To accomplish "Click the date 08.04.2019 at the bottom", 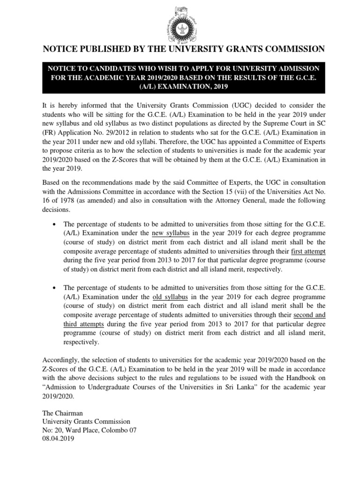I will tap(58, 440).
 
